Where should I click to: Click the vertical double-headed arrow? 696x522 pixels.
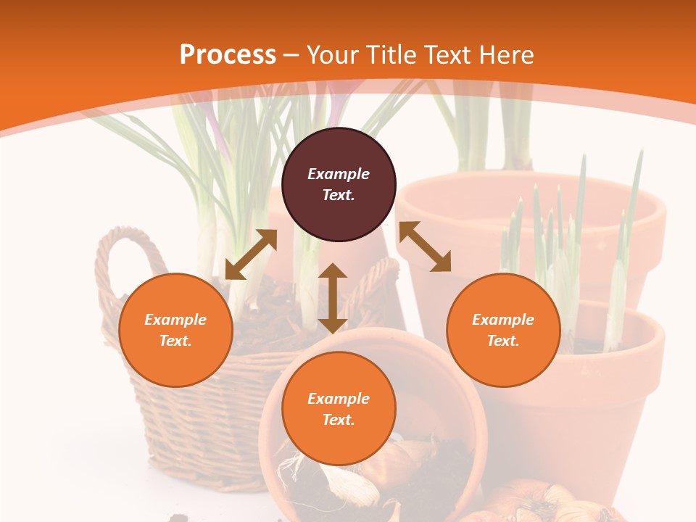(x=333, y=298)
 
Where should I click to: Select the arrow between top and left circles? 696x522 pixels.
(x=251, y=254)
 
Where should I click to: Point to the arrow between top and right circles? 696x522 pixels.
(x=425, y=246)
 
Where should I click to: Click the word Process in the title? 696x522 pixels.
(x=228, y=55)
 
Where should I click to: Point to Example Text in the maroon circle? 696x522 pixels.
(x=339, y=184)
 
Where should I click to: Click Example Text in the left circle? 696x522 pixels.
(x=175, y=330)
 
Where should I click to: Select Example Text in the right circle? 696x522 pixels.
(x=503, y=330)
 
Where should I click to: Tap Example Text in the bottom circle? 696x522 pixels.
(x=339, y=409)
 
